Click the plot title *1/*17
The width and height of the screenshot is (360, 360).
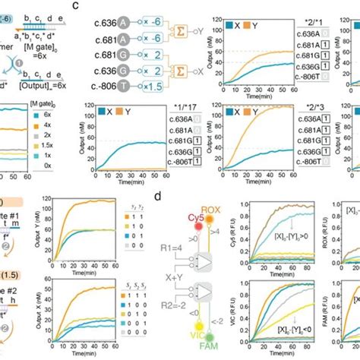(92, 112)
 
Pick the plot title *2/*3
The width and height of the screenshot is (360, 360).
(311, 112)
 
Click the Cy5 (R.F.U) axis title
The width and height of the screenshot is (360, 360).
(240, 235)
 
